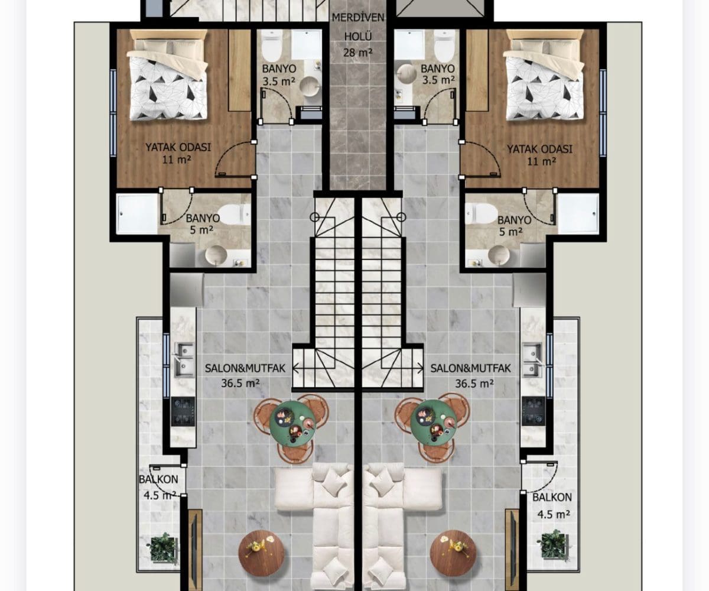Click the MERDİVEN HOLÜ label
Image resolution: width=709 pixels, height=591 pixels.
pos(358,27)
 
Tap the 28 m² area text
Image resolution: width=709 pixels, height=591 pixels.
pos(358,53)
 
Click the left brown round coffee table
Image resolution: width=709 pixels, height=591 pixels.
pos(261,553)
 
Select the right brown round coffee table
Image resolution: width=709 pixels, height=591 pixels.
pos(453,553)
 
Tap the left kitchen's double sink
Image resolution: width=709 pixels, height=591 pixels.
pos(184,360)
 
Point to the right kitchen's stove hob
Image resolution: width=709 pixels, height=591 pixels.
pos(533,411)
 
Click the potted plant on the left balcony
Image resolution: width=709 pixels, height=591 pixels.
pos(162,547)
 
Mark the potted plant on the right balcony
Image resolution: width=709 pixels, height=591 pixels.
pos(552,544)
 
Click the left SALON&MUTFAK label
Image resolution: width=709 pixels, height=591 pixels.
pos(245,369)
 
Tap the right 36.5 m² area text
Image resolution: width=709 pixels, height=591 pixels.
pos(474,384)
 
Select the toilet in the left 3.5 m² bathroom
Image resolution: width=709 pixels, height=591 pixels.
pos(272,46)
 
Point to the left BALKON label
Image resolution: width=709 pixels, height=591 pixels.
pos(158,479)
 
